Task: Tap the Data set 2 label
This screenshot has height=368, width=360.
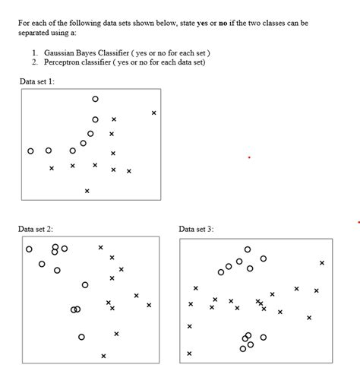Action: point(36,228)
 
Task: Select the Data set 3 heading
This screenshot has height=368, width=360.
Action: point(197,228)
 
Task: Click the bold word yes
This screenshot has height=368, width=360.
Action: point(204,23)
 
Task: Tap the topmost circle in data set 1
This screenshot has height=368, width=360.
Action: point(95,99)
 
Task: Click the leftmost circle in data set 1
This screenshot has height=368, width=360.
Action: point(30,151)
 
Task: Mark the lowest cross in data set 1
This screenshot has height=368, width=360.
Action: point(87,191)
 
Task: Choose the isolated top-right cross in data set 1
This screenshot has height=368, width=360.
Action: point(153,113)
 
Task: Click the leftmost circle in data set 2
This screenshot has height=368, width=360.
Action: point(29,249)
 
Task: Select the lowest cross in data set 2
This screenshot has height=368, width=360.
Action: point(103,356)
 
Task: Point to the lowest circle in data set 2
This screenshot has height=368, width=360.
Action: point(81,337)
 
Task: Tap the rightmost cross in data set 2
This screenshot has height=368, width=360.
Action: point(149,306)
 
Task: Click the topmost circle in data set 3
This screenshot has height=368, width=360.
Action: point(248,249)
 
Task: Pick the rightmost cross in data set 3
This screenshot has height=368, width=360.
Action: point(322,263)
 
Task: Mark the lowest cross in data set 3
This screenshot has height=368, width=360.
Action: point(189,354)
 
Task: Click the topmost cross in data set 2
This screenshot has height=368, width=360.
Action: point(100,247)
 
